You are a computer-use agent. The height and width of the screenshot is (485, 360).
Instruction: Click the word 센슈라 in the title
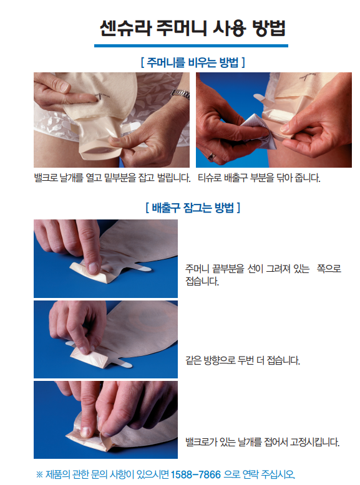(125, 28)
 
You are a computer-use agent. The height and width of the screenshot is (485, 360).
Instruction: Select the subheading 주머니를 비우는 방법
(193, 62)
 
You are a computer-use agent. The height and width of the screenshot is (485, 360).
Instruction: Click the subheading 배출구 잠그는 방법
(193, 207)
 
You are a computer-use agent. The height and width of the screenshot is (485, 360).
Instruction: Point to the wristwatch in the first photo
(180, 94)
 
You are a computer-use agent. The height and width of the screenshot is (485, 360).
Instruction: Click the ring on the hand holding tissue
(212, 157)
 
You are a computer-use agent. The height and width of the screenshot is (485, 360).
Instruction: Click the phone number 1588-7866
(196, 474)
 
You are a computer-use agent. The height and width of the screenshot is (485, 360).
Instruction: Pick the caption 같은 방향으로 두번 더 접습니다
(242, 360)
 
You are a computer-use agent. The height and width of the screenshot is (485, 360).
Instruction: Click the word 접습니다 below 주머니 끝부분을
(202, 281)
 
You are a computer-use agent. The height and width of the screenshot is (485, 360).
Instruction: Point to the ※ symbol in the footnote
(39, 474)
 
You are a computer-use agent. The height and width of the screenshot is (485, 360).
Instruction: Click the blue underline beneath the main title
(191, 46)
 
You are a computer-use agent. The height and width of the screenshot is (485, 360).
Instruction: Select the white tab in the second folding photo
(124, 364)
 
